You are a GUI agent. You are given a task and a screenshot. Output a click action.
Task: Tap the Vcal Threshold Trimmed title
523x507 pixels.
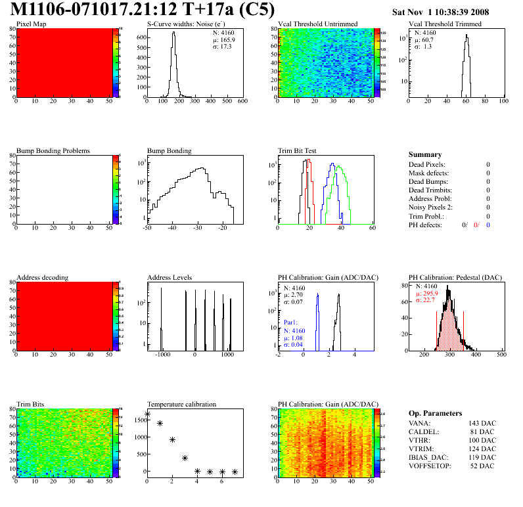tap(445, 24)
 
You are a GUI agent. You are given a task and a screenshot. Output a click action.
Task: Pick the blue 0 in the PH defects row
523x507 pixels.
tap(489, 225)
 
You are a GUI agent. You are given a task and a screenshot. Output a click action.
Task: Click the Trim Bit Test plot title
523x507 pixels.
tap(298, 151)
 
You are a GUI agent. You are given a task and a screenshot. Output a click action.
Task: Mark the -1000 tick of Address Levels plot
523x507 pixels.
tap(160, 354)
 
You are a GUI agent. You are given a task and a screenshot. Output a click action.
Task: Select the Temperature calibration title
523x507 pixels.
tap(181, 405)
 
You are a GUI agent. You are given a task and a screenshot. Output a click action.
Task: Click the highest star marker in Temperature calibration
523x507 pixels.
tap(147, 414)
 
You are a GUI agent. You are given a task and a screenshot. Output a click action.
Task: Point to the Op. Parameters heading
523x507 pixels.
tap(435, 413)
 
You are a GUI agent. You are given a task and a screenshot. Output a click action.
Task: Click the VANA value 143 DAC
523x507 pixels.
tap(484, 424)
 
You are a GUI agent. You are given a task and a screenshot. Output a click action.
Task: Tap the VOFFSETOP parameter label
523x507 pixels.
tap(430, 466)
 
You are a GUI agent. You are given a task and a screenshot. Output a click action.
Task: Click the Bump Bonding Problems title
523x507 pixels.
tap(53, 151)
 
